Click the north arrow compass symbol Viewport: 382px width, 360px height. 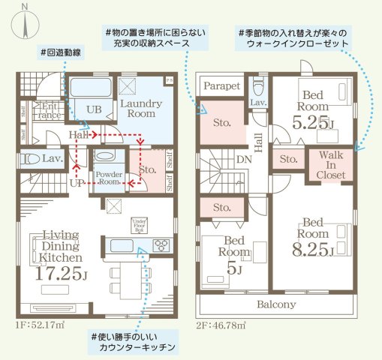coord(26,21)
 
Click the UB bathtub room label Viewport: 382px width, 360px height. coord(94,109)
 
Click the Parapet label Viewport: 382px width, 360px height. coord(220,86)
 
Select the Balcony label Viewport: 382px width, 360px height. coord(276,304)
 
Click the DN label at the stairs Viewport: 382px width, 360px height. coord(244,160)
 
